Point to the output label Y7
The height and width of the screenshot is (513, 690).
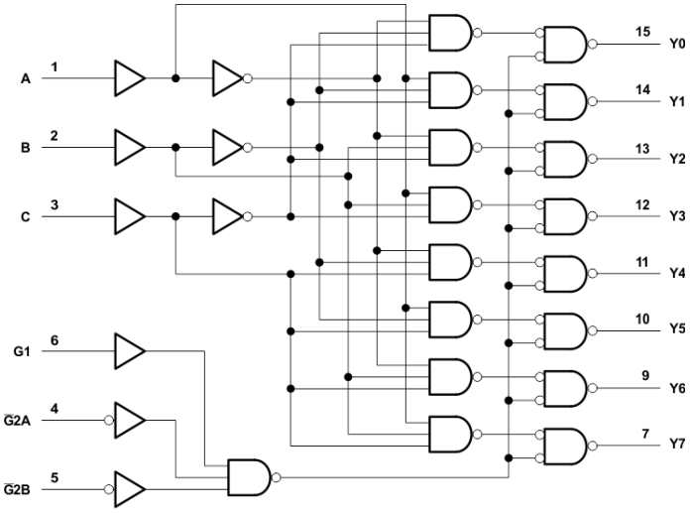pos(676,443)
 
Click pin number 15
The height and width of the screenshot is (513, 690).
pos(642,32)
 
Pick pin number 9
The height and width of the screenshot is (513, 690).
pos(645,375)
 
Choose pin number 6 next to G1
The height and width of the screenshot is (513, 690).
pos(55,340)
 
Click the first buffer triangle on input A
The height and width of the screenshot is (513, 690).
pos(129,76)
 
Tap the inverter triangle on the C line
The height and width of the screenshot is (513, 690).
pos(227,216)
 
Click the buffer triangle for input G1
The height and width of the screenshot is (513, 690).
pos(129,350)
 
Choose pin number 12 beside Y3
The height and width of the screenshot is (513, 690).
pos(642,203)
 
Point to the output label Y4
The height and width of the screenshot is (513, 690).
pos(676,272)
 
